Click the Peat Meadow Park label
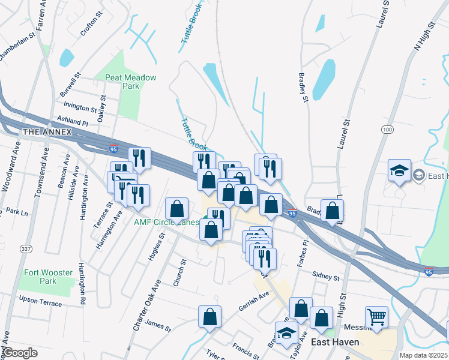[130, 82]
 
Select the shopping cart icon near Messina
[376, 316]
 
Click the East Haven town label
[335, 342]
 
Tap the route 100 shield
[387, 130]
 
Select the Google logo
[20, 353]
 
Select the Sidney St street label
[326, 276]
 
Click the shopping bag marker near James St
[209, 316]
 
